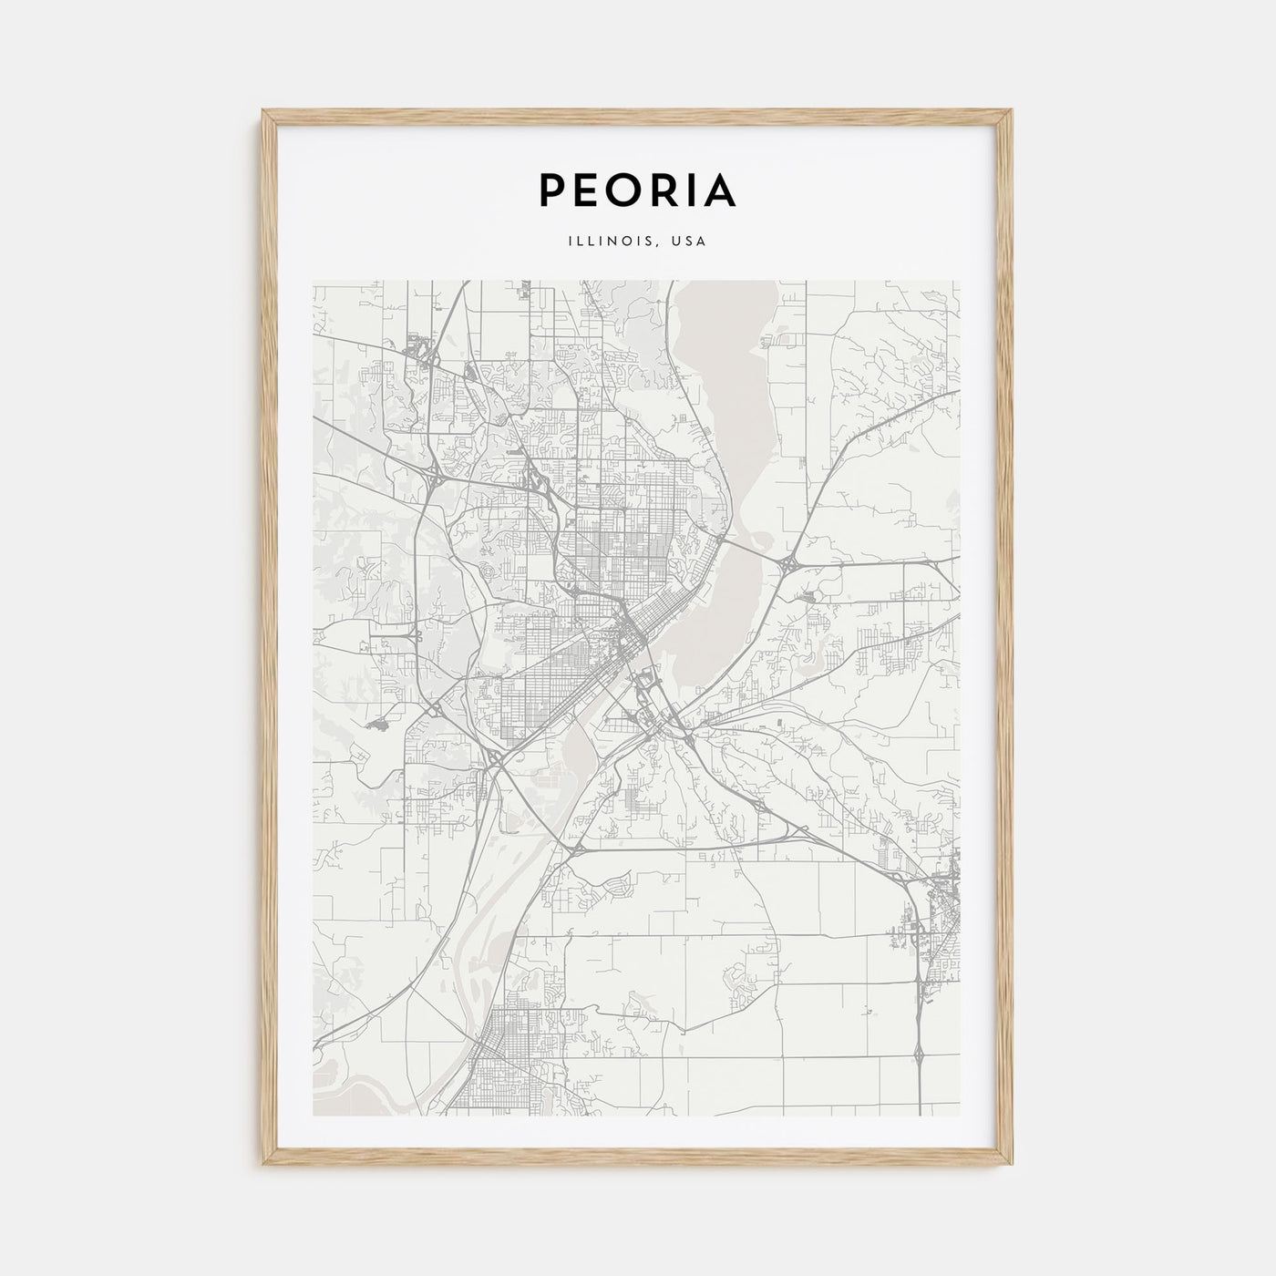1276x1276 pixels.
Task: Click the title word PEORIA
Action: [638, 190]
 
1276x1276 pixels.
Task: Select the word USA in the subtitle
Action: [689, 242]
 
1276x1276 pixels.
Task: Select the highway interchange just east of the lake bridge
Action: [789, 565]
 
